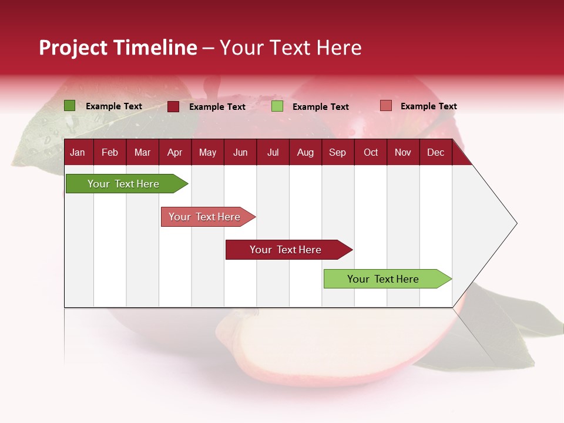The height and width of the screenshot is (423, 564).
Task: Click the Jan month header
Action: pos(78,153)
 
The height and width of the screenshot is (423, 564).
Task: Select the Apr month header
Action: pos(174,153)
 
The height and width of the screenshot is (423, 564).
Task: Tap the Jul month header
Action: pos(273,153)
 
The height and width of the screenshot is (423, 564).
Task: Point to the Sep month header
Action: pos(337,153)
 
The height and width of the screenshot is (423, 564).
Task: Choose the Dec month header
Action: pos(435,153)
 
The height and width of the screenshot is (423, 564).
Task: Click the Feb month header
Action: pos(110,153)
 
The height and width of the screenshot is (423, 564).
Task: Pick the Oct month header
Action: pos(371,153)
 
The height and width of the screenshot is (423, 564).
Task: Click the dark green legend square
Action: pos(69,106)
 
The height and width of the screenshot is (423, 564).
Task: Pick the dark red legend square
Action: pos(173,106)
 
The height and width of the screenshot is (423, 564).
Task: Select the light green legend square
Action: pos(277,106)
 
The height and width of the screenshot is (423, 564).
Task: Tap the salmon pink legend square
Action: pos(385,106)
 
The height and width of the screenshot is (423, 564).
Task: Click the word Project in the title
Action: pos(73,48)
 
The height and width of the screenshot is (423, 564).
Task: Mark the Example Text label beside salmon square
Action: pos(428,106)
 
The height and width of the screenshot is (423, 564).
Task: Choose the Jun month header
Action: pos(240,153)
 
